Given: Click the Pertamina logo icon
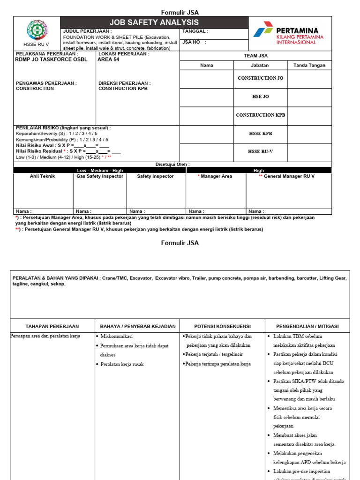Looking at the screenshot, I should coord(263,29).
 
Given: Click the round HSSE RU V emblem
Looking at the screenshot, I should coord(37,30).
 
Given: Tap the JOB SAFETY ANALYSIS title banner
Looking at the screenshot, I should coord(154,22).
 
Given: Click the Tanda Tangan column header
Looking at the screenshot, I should coord(309,65).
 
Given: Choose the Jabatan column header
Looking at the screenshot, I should coord(260,65).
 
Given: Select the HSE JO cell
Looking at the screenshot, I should coord(260,97).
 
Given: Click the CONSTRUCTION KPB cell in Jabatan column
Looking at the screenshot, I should coord(260,115).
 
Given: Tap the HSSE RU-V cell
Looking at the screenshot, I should coord(260,151).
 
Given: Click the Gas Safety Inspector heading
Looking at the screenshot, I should coord(100,176).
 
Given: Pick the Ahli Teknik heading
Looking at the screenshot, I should coord(43,176).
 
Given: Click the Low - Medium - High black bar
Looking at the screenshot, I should coord(100,171).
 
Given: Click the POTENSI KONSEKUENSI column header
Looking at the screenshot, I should coord(223,326).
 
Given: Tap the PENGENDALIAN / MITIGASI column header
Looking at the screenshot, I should coord(307,326).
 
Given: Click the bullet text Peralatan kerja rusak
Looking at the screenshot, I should coord(122,364).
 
